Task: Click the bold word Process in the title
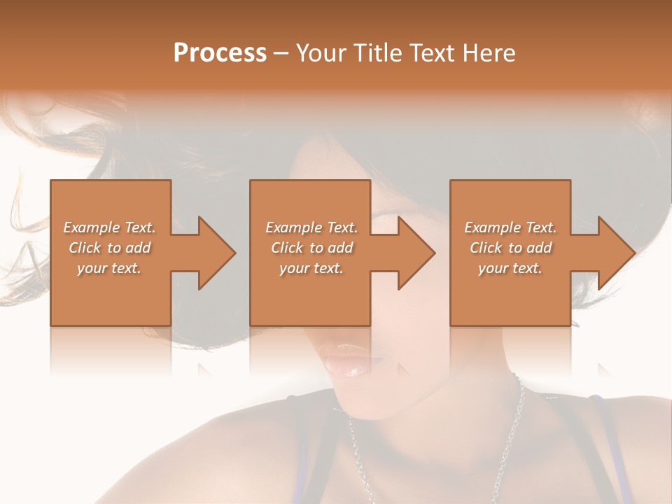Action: (220, 53)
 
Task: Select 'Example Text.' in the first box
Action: (109, 227)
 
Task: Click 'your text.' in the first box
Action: (109, 268)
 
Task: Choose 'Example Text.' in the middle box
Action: (311, 227)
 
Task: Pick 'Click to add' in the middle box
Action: (311, 248)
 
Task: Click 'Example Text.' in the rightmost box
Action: (510, 227)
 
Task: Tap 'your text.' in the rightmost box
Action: (510, 268)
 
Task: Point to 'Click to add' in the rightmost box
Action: (510, 248)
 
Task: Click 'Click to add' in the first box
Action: (109, 248)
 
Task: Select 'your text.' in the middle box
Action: (311, 268)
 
